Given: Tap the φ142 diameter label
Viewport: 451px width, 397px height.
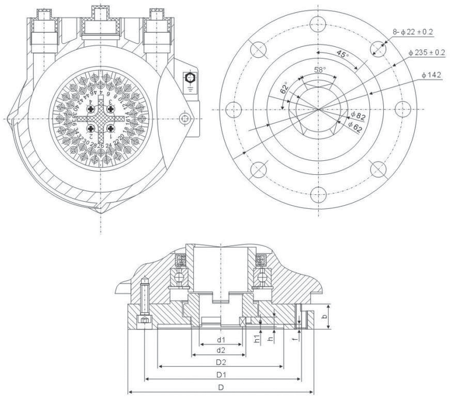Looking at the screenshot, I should [x=431, y=76].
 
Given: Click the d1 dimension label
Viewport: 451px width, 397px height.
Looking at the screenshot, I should [x=221, y=340].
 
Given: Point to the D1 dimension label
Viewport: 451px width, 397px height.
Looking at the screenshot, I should [x=221, y=373].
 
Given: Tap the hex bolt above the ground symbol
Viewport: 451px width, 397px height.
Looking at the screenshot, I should [x=189, y=77].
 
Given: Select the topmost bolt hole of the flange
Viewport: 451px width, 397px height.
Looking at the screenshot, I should [x=319, y=23].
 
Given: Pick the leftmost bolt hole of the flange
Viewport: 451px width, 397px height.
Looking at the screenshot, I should [x=234, y=109].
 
